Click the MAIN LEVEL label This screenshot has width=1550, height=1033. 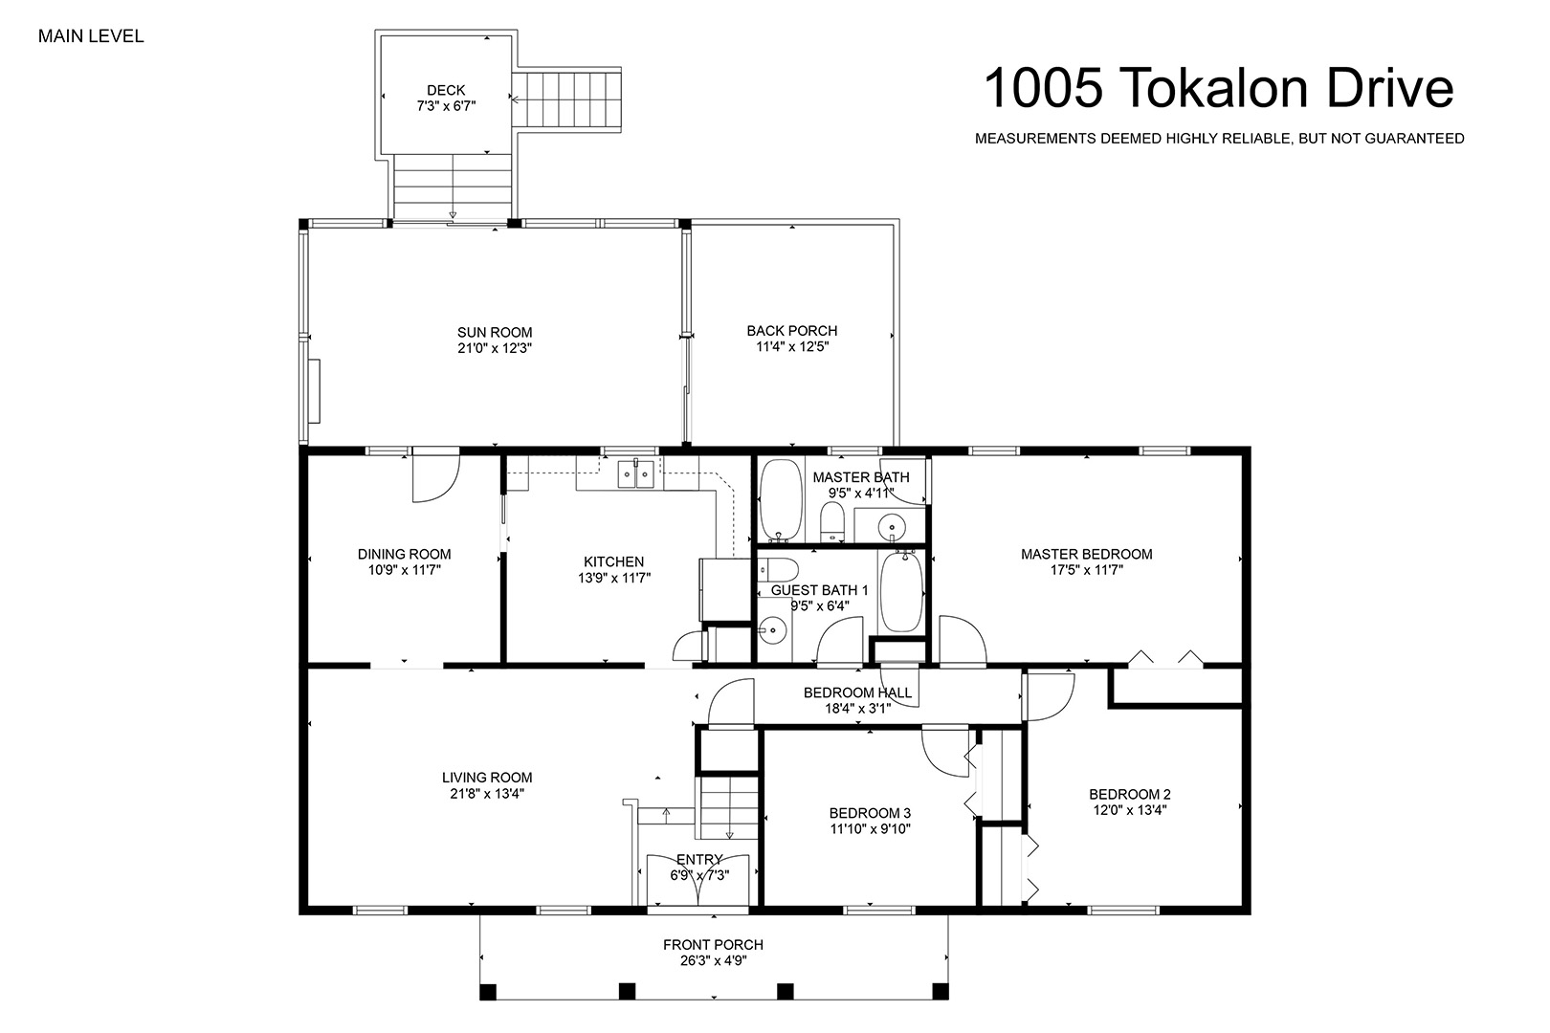point(91,36)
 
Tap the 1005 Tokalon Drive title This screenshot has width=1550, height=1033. point(1219,88)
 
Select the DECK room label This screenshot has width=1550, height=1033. point(446,90)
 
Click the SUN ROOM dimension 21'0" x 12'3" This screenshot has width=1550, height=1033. point(495,348)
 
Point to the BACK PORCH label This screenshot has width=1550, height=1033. point(792,331)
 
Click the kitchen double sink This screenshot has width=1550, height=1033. point(636,474)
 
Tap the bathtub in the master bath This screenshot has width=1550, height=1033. point(782,501)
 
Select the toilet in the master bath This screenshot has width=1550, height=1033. point(832,521)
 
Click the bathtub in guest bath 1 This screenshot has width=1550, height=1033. point(901,591)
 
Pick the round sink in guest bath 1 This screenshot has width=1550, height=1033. point(772,630)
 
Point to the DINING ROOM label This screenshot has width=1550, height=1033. point(404,554)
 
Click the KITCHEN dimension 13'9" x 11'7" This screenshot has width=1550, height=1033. point(614,578)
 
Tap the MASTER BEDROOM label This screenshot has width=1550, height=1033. point(1087,554)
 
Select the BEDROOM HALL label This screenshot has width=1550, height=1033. point(858,692)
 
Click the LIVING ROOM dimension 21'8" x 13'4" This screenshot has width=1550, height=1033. point(487,794)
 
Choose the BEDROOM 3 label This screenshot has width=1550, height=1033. point(871,813)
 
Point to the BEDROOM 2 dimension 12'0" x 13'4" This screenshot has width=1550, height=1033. point(1130,809)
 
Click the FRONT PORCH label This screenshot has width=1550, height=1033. point(714,944)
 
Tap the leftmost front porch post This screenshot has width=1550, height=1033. point(488,992)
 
